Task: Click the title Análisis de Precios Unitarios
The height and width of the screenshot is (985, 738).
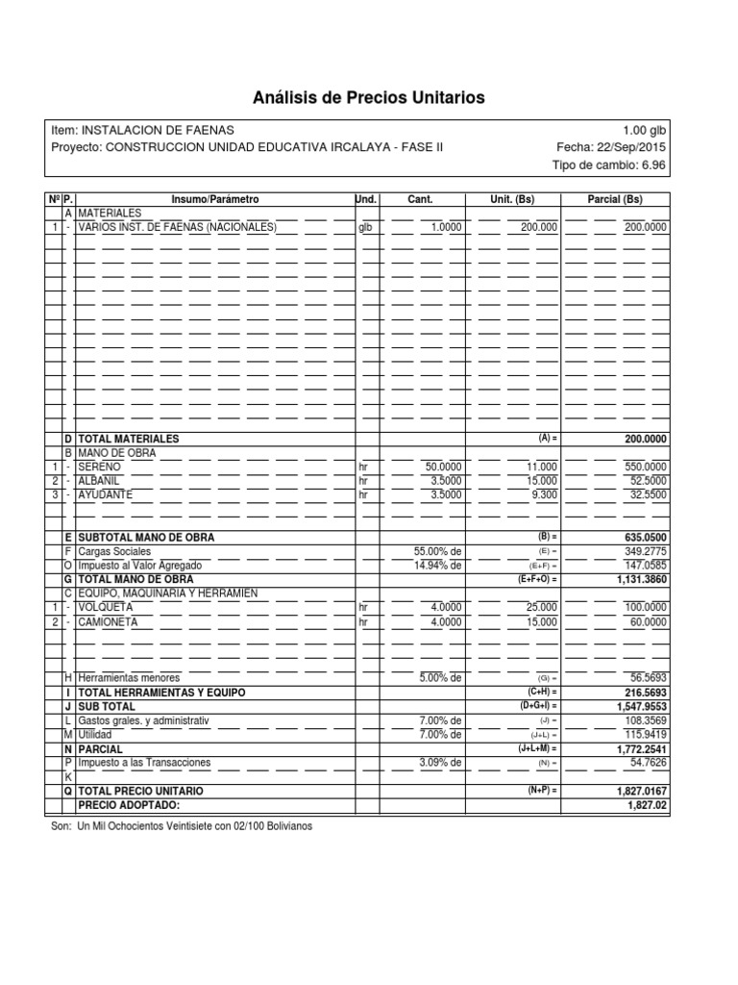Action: click(x=369, y=97)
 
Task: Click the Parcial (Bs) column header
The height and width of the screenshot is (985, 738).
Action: click(x=615, y=199)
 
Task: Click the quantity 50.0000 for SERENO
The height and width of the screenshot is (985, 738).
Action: click(x=443, y=467)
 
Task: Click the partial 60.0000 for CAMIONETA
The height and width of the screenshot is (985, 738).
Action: click(x=645, y=622)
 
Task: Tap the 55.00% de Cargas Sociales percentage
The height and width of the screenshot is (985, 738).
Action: click(x=437, y=551)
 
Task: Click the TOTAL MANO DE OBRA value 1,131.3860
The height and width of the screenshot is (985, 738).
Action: click(x=639, y=580)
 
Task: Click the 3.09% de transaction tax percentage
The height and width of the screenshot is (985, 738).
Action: click(x=441, y=762)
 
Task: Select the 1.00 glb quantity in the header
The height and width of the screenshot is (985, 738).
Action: click(x=644, y=130)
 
